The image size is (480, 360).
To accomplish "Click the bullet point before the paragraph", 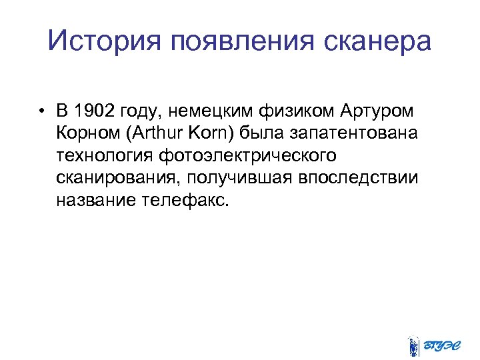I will click(x=41, y=110).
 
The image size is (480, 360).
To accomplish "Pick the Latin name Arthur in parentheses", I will click(x=159, y=133).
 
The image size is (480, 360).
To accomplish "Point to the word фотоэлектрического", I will click(x=247, y=155).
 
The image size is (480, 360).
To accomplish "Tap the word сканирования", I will click(x=117, y=178).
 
